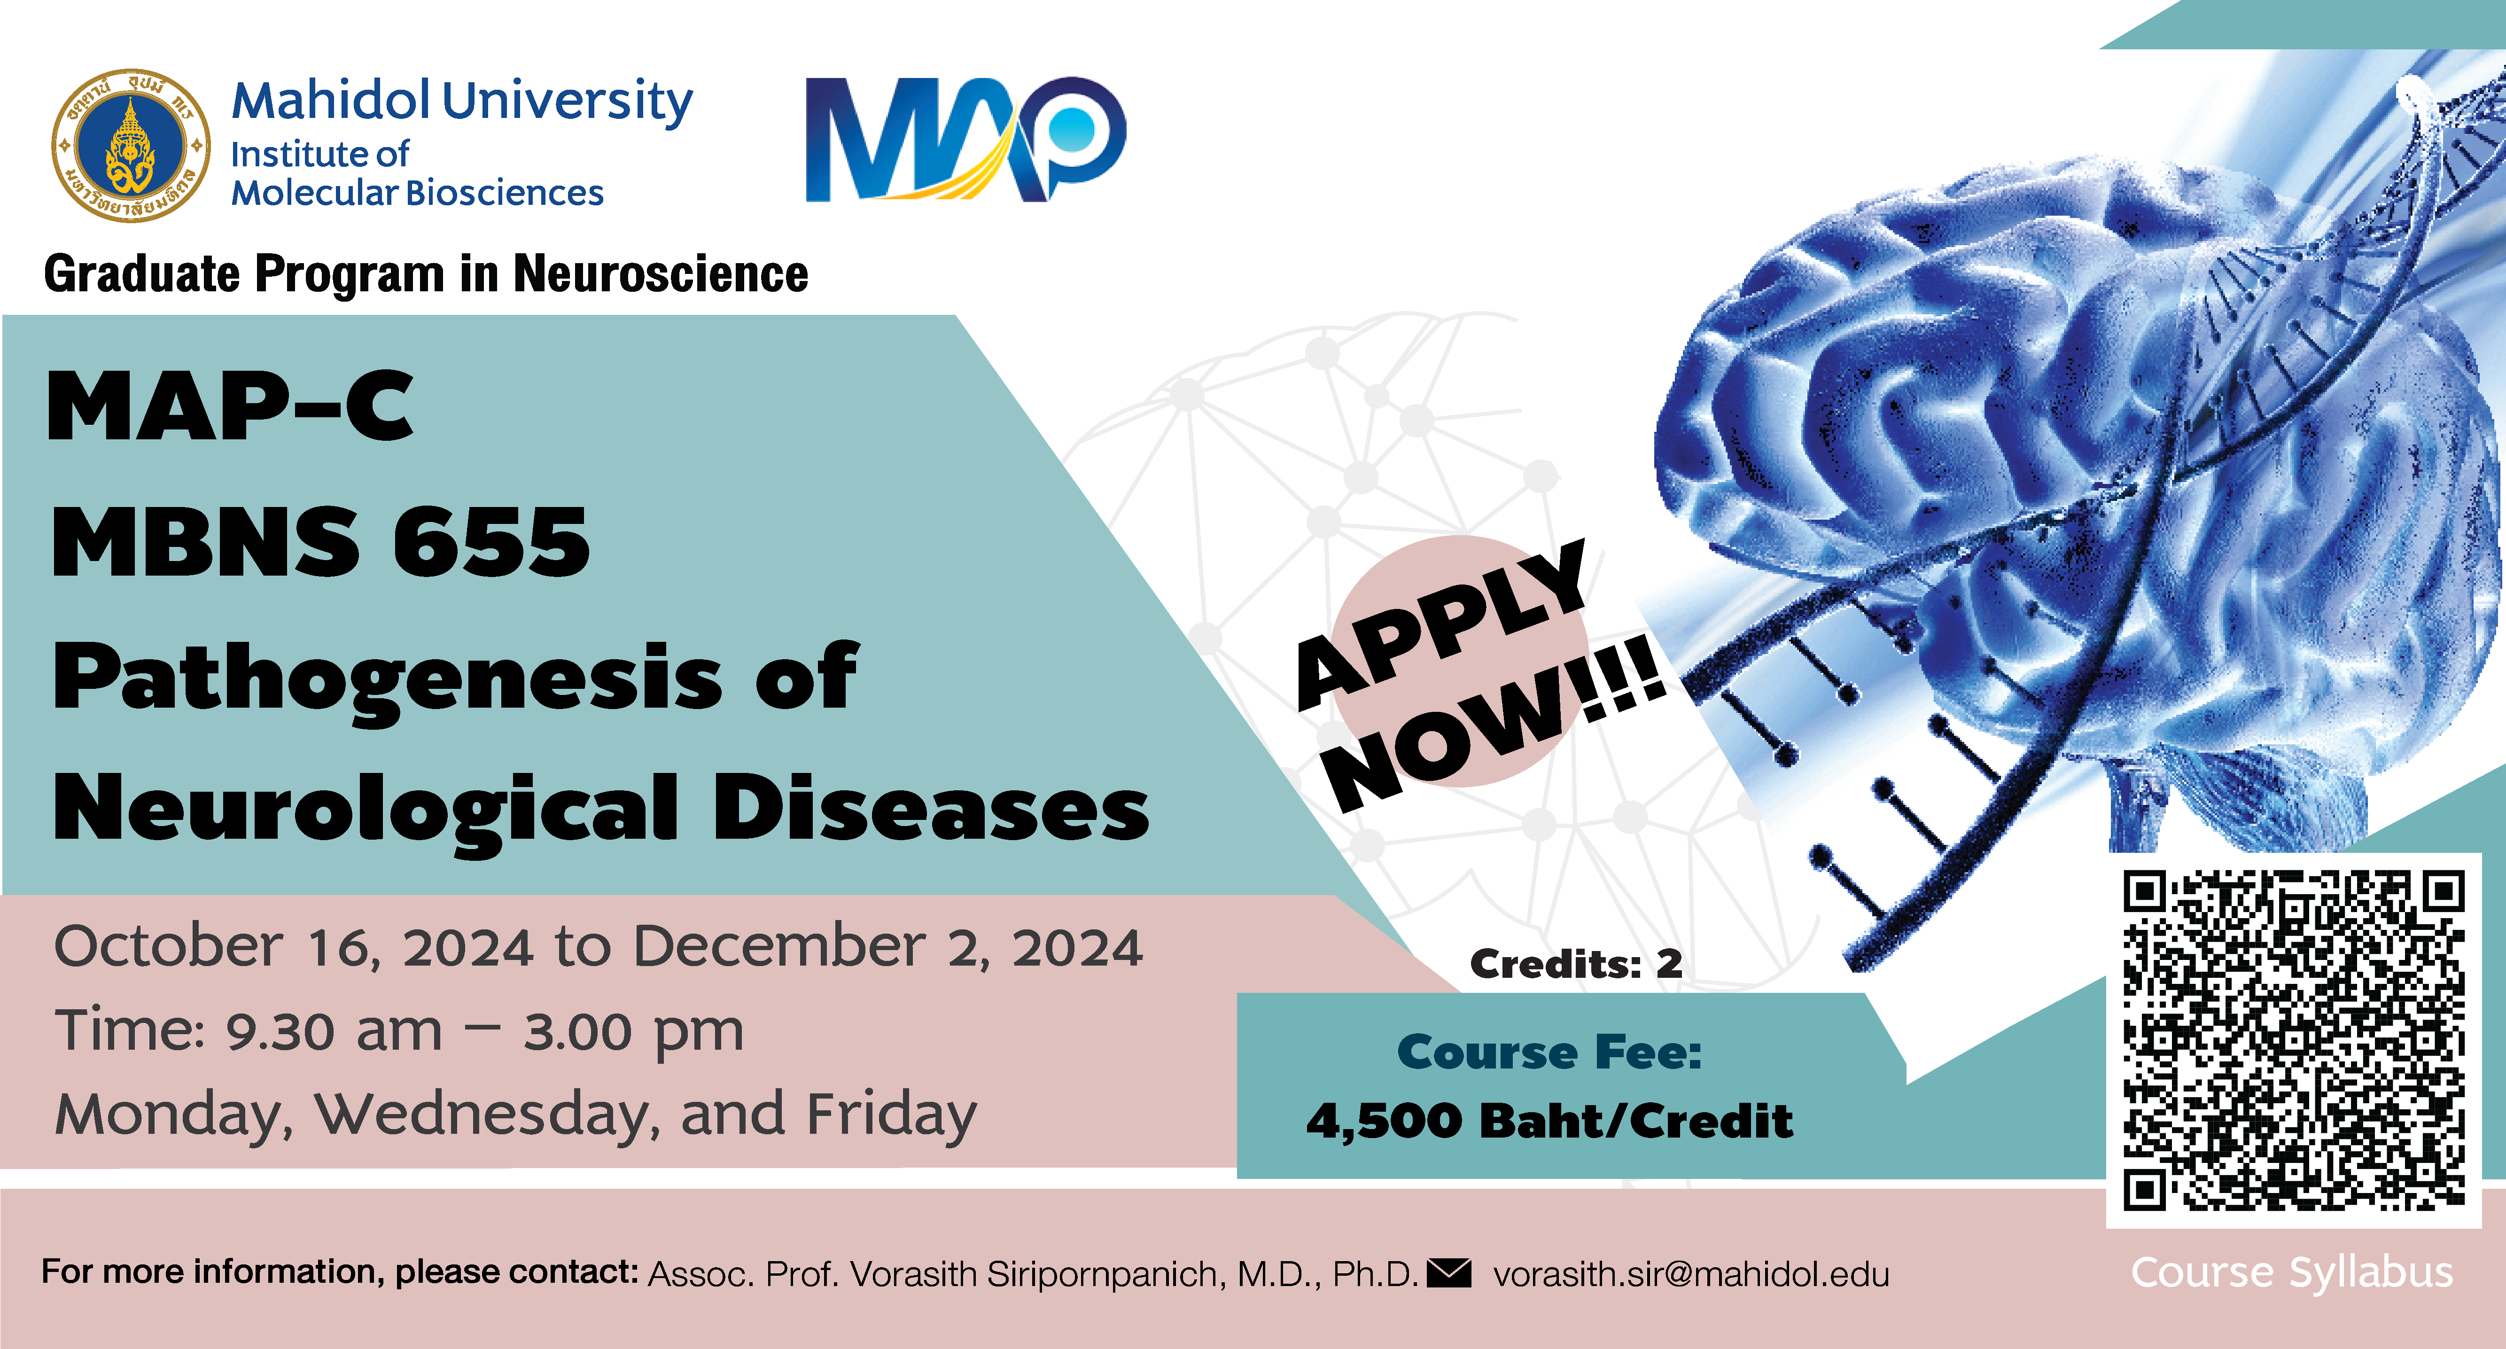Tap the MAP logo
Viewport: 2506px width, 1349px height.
click(x=966, y=139)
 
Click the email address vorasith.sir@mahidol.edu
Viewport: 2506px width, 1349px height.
click(x=1691, y=1273)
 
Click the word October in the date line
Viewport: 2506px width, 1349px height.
click(x=168, y=946)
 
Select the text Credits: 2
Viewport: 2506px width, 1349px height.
click(x=1576, y=964)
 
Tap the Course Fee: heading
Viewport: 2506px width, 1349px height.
click(x=1550, y=1053)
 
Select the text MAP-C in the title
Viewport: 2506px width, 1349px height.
click(x=231, y=406)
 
